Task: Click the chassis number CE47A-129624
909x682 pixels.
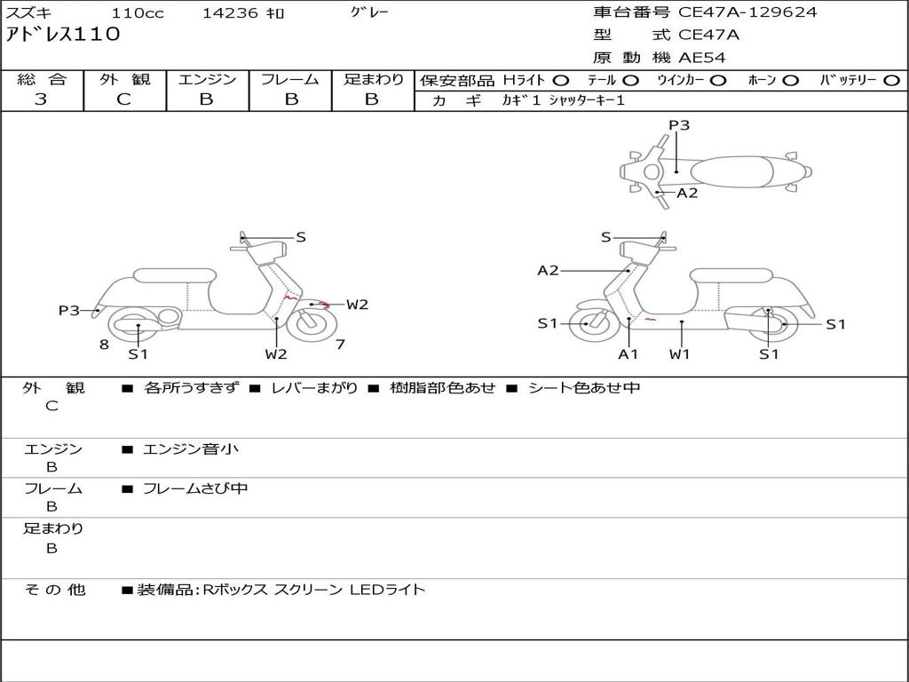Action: tap(747, 12)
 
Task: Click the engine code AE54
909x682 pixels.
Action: tap(702, 58)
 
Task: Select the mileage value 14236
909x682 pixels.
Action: tap(230, 13)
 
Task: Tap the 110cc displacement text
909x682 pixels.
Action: tap(138, 13)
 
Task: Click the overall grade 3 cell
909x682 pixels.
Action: tap(41, 99)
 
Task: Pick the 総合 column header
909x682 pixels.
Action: tap(41, 79)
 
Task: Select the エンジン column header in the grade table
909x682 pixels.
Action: tap(207, 79)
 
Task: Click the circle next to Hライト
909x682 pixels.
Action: tap(560, 80)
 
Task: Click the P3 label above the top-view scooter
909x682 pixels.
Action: tap(679, 125)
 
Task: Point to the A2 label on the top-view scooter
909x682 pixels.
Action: tap(687, 193)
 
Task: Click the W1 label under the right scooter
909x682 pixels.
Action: tap(681, 353)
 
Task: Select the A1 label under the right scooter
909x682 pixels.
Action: tap(628, 353)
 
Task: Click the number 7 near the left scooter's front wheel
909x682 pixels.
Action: tap(340, 344)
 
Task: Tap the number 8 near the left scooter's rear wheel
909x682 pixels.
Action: tap(104, 345)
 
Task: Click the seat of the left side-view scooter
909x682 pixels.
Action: tap(173, 276)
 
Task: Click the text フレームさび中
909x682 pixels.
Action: tap(195, 488)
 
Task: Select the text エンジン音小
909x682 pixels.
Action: tap(191, 449)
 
